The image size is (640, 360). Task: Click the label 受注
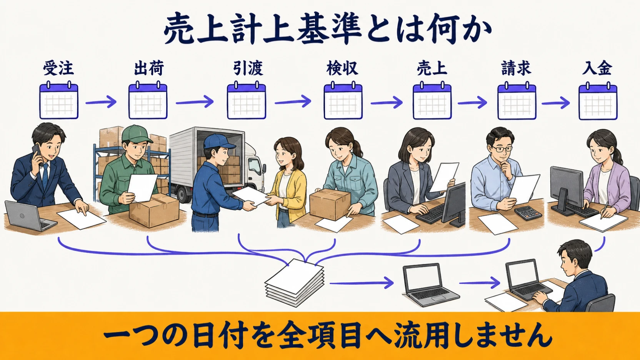[58, 68]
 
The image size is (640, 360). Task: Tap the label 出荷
[149, 68]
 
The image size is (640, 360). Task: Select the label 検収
[342, 68]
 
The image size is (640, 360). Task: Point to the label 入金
[597, 68]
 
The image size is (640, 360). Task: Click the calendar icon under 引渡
[247, 100]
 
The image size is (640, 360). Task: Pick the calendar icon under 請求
[517, 100]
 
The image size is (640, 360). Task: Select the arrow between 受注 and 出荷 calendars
[101, 102]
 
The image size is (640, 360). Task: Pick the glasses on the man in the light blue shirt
[502, 149]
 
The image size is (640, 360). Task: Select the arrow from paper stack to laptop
[362, 283]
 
